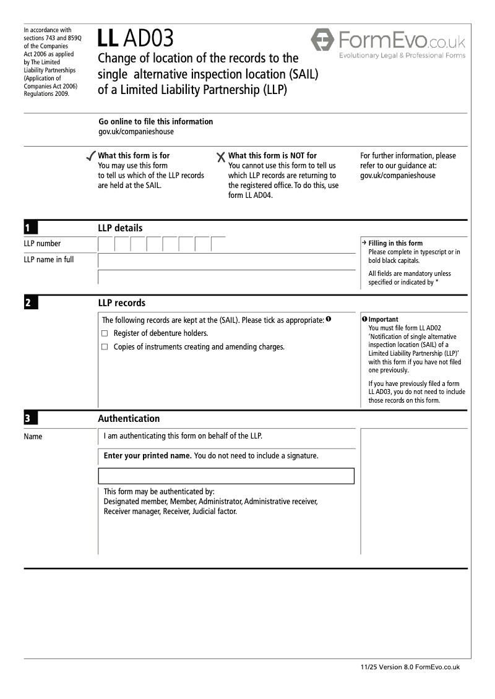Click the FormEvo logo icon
[322, 40]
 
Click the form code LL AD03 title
[136, 39]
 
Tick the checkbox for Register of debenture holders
[105, 333]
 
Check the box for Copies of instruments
[105, 347]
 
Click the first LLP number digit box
[106, 244]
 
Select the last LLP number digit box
[218, 244]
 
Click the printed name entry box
[226, 476]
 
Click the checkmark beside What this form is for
[92, 156]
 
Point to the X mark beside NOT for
[221, 157]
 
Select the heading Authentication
[129, 419]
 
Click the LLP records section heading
[122, 303]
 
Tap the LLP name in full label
[48, 260]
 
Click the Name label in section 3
[33, 437]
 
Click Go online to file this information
[156, 122]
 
